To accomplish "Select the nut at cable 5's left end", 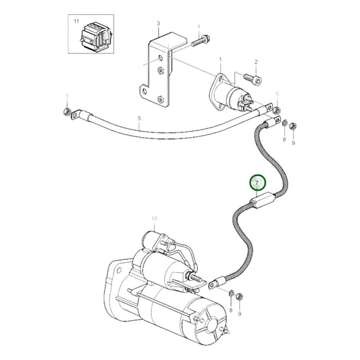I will pyautogui.click(x=67, y=111).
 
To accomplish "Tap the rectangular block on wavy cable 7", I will pyautogui.click(x=259, y=201).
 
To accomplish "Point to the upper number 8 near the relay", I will pyautogui.click(x=284, y=138).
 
